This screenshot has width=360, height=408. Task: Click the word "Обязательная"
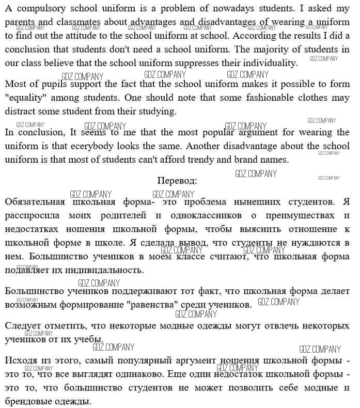35,201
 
